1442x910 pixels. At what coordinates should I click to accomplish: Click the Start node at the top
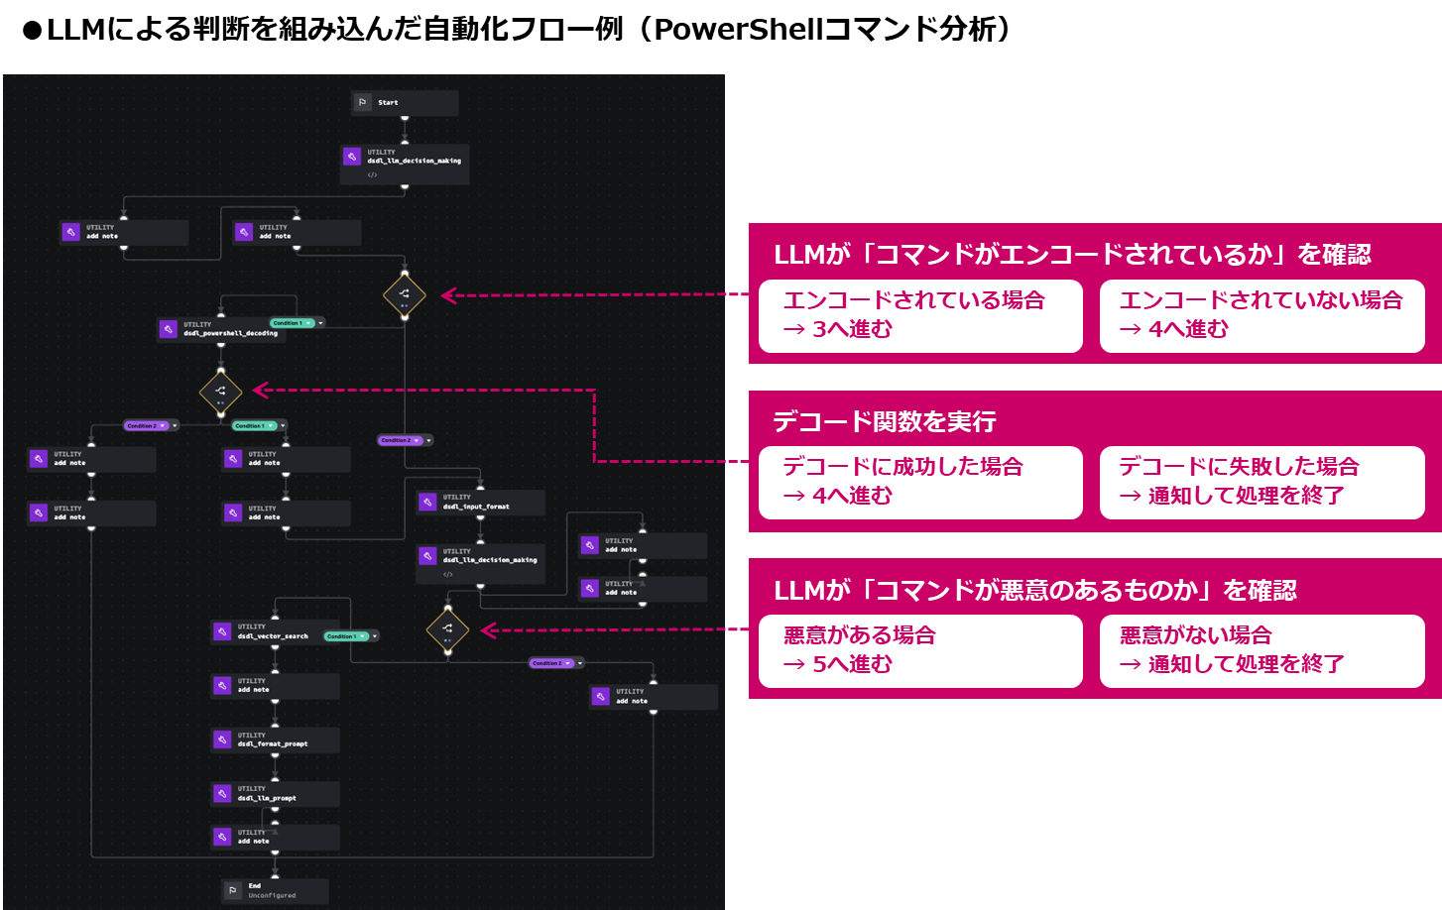(x=405, y=103)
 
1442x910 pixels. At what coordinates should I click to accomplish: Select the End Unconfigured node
(x=274, y=890)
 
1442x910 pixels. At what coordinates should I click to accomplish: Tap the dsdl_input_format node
(x=480, y=503)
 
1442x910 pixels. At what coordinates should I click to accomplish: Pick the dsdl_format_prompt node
(x=275, y=739)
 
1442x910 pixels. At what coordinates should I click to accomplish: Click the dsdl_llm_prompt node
(x=275, y=794)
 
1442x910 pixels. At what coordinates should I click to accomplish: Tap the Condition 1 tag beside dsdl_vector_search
(x=346, y=636)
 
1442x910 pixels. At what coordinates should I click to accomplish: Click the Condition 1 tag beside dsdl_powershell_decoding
(x=293, y=323)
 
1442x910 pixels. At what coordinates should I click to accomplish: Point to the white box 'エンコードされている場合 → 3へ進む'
(x=919, y=315)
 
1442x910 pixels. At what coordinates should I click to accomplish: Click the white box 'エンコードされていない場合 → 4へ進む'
(x=1262, y=315)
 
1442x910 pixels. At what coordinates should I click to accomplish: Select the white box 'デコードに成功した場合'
(x=919, y=482)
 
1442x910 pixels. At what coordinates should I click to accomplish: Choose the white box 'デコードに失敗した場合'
(x=1262, y=482)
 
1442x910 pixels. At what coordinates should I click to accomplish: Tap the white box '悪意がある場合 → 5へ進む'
(x=919, y=650)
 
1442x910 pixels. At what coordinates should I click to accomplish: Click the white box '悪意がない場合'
(x=1262, y=650)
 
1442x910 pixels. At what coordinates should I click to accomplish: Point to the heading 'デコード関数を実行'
(x=884, y=421)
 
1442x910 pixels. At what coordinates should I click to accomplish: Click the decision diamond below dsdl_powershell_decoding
(x=220, y=392)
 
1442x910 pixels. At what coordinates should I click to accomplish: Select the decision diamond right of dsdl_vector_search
(x=447, y=629)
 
